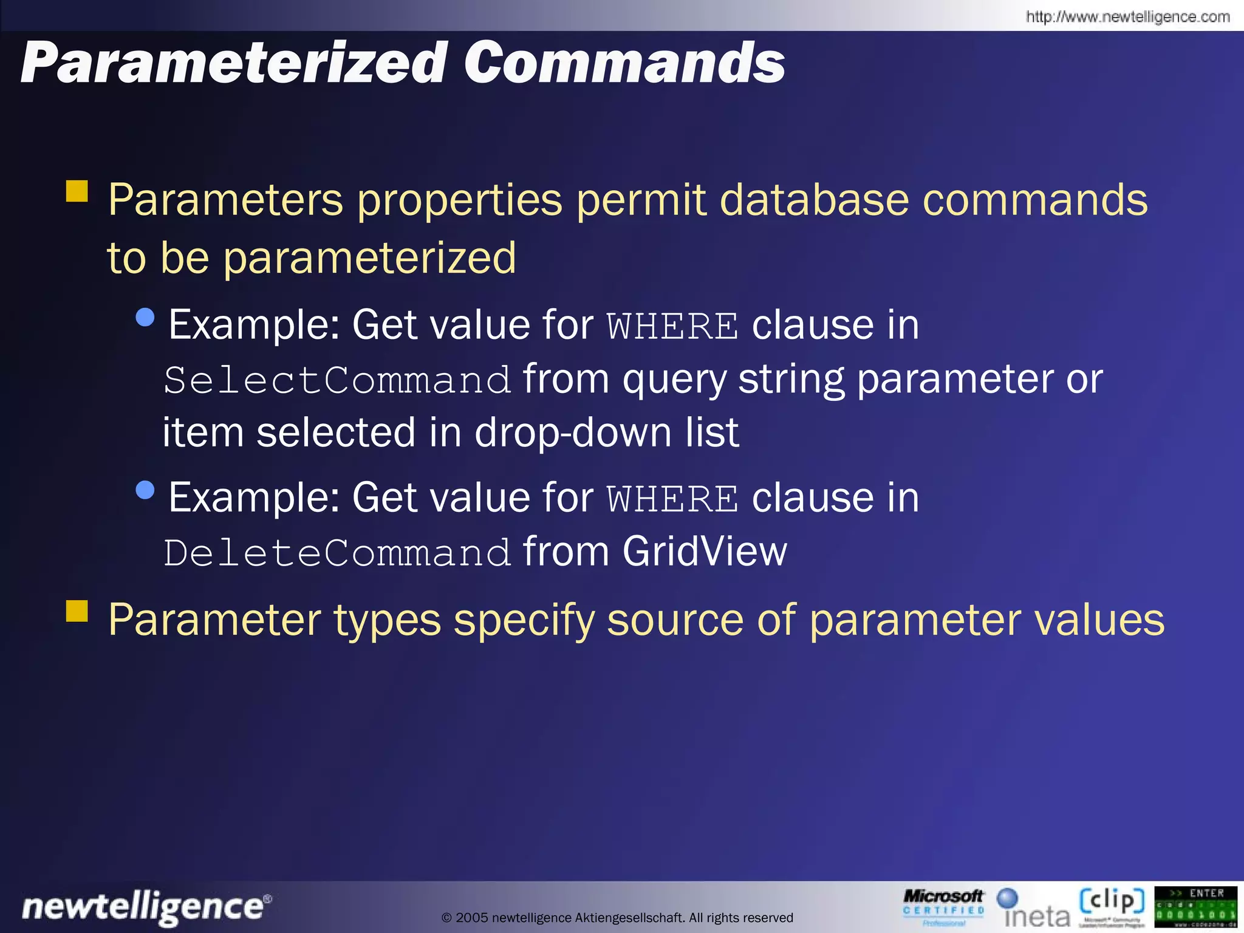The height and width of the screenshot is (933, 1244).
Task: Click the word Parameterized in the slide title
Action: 233,63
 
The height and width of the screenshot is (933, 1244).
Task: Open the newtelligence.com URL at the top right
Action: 1127,16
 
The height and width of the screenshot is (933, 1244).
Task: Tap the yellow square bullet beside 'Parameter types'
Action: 77,611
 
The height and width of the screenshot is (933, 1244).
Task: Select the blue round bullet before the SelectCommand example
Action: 146,317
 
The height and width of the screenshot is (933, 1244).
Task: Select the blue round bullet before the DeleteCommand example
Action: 146,490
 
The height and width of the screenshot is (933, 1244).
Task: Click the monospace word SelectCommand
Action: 337,381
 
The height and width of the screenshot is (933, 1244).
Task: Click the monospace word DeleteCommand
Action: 337,553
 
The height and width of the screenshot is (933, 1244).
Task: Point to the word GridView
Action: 705,552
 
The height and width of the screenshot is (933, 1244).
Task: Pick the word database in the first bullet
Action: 814,200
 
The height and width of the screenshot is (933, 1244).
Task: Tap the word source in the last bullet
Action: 675,621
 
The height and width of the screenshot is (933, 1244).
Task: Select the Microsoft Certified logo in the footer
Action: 943,907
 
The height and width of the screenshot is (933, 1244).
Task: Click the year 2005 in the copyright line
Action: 471,918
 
